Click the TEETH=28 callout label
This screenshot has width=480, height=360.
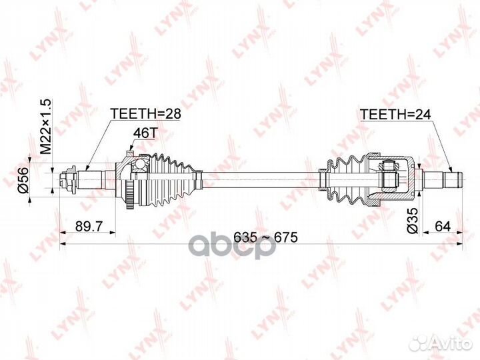(146, 113)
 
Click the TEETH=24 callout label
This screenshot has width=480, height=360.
(395, 115)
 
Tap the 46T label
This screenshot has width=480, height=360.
(145, 133)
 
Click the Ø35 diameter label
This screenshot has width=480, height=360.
(412, 221)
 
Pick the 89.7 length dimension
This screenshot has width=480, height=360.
(89, 227)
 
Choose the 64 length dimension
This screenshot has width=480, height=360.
(443, 227)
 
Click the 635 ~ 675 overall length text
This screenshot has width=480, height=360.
(265, 237)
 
